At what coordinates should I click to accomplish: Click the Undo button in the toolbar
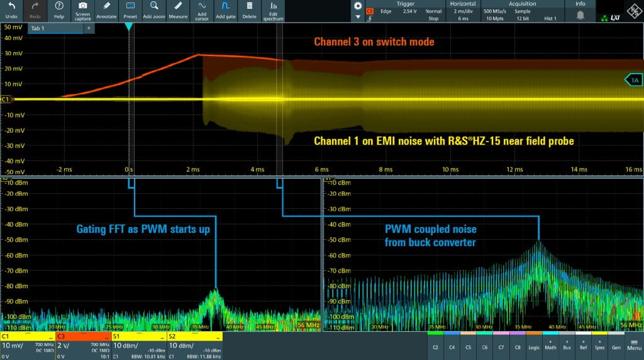(x=11, y=10)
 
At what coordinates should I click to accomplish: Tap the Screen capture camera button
(x=82, y=10)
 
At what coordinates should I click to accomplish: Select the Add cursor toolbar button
(x=201, y=10)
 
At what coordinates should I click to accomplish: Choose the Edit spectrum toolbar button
(x=273, y=10)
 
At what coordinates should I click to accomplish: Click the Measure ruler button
(x=179, y=10)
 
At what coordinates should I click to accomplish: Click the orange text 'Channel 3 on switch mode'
(x=374, y=42)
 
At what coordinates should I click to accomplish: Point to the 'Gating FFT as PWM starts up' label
(x=143, y=230)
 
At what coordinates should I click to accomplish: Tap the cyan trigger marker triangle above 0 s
(x=128, y=27)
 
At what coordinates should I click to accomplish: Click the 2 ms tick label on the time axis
(x=192, y=169)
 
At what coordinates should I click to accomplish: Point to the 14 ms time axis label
(x=580, y=169)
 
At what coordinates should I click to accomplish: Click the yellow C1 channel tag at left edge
(x=6, y=99)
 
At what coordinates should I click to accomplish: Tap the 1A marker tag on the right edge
(x=633, y=80)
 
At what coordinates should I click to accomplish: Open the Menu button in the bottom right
(x=634, y=347)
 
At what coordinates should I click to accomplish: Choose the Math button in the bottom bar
(x=550, y=347)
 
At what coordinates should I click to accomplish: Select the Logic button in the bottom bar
(x=533, y=347)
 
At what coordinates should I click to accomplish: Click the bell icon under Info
(x=580, y=14)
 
